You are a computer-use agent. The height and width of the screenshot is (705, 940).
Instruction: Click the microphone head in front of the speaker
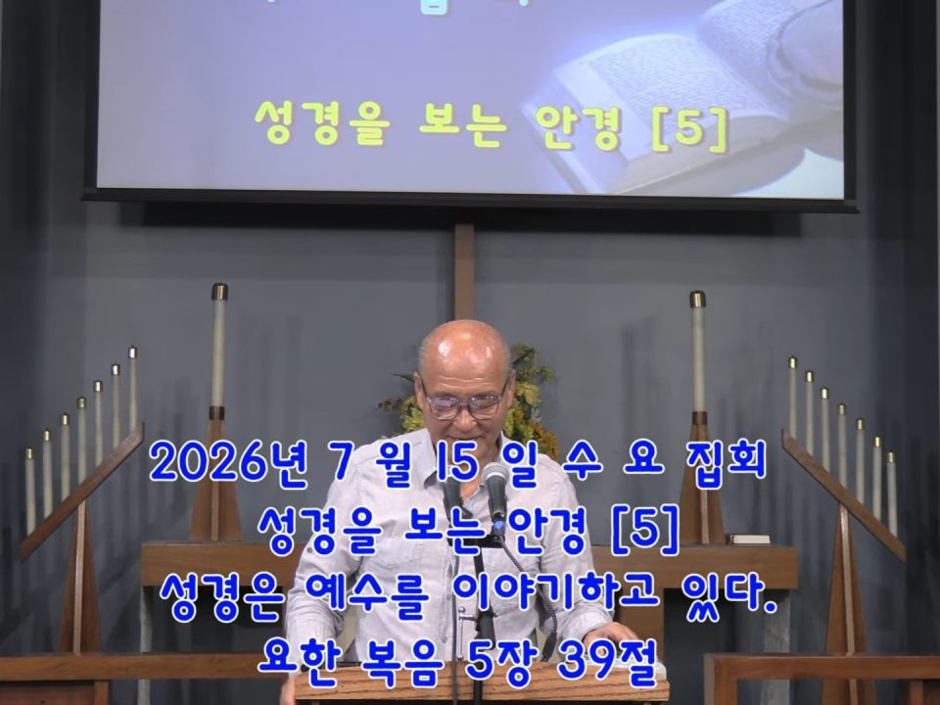[495, 482]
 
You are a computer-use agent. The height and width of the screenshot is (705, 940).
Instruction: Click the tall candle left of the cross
[218, 349]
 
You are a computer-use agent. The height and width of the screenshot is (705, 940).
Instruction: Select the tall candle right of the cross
[698, 354]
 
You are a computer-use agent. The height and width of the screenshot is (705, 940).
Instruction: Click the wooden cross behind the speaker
[464, 270]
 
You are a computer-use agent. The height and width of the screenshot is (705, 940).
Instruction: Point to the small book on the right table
[747, 539]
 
